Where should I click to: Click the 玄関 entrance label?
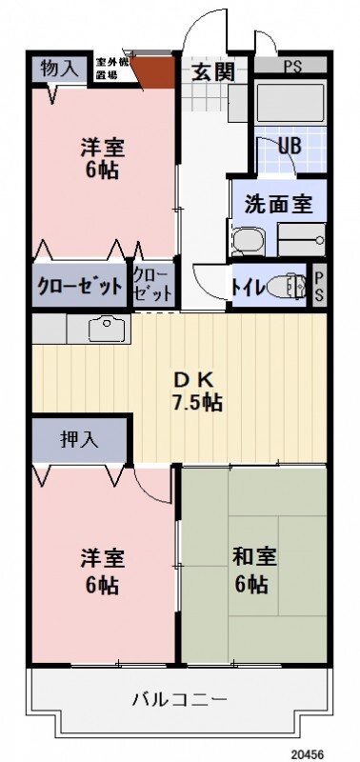coord(211,72)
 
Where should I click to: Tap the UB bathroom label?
coord(289,148)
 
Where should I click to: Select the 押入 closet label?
coord(80,439)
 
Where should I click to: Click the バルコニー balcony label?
coord(179,700)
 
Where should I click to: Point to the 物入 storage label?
coord(59,69)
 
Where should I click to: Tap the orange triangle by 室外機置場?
coord(153,70)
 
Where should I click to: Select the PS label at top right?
coord(292,67)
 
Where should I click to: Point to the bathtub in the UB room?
coord(289,104)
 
